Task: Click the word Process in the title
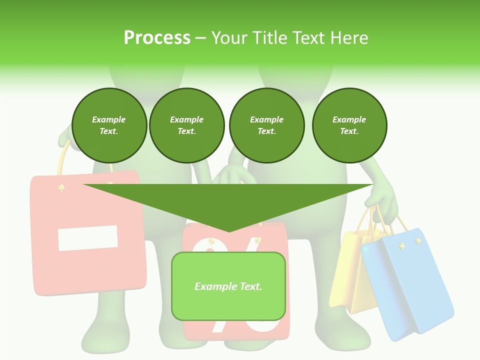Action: [157, 38]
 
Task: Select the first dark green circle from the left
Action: [109, 125]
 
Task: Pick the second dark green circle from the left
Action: [186, 125]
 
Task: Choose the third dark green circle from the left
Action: [266, 125]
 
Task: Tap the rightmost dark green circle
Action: [349, 125]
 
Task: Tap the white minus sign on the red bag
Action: [88, 238]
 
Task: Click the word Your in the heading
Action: [228, 38]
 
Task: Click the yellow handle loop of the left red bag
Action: [62, 160]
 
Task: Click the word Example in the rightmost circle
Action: [349, 119]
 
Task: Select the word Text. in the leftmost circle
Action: [109, 131]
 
